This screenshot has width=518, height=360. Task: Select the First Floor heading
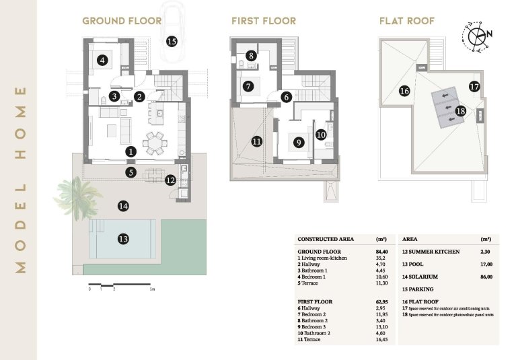pyautogui.click(x=263, y=21)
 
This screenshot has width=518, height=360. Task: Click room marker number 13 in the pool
pyautogui.click(x=123, y=238)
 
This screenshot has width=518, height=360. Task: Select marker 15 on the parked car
pyautogui.click(x=172, y=42)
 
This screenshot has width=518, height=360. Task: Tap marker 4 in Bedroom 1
pyautogui.click(x=102, y=61)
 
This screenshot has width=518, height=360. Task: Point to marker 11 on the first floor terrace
pyautogui.click(x=256, y=141)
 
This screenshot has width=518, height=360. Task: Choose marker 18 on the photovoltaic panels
pyautogui.click(x=461, y=111)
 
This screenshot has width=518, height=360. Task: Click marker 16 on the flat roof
pyautogui.click(x=404, y=91)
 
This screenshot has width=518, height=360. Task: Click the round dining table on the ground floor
pyautogui.click(x=156, y=143)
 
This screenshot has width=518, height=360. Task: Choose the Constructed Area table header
pyautogui.click(x=326, y=239)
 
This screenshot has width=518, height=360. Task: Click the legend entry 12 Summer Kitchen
pyautogui.click(x=431, y=251)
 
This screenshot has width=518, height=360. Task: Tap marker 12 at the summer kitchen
pyautogui.click(x=170, y=180)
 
